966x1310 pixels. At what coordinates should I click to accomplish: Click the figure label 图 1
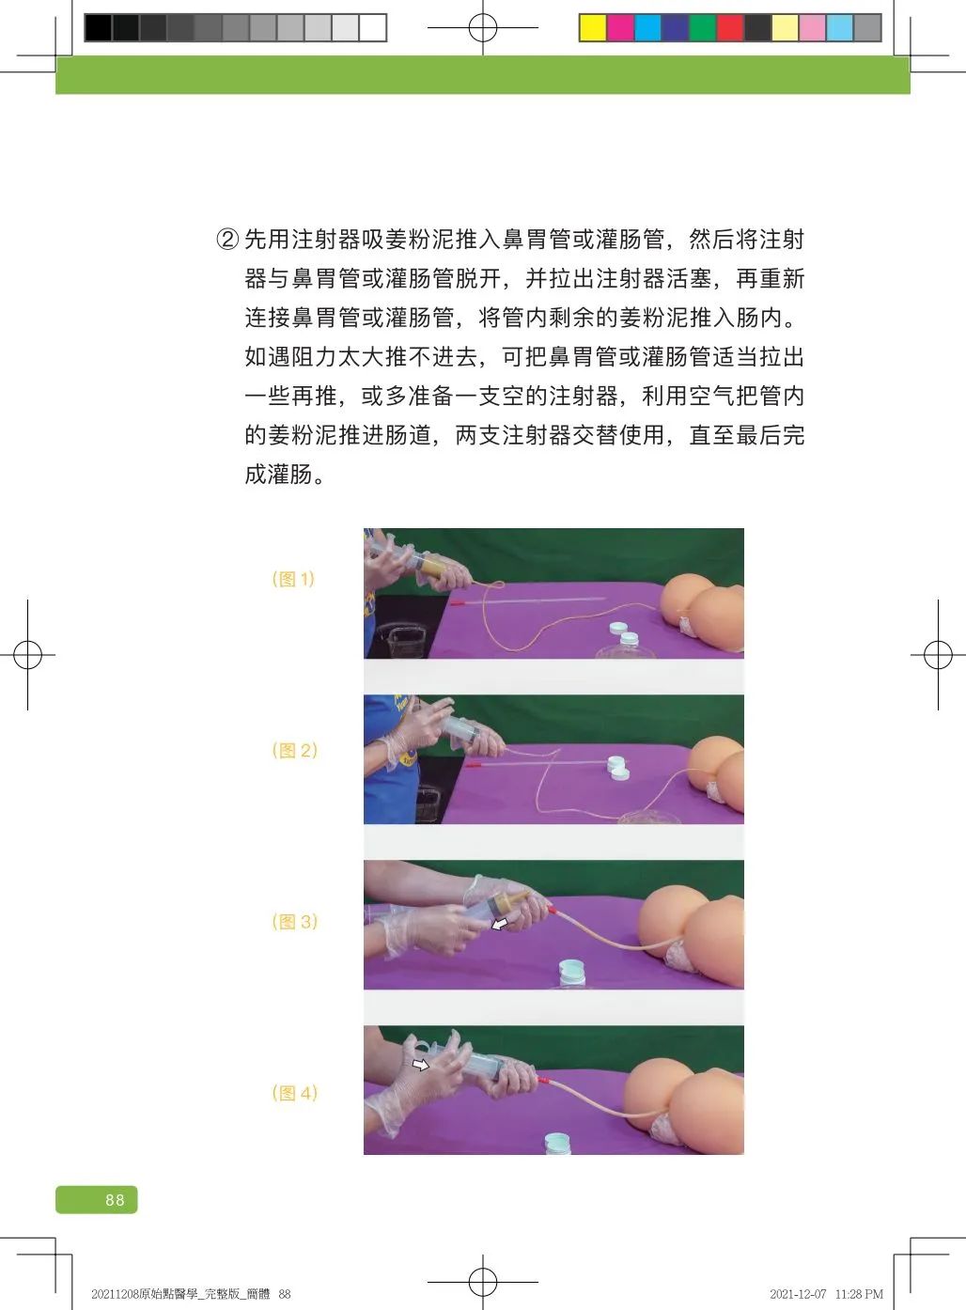coord(293,579)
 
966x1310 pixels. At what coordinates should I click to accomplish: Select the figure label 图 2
coord(295,750)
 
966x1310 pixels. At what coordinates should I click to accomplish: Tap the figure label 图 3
coord(295,922)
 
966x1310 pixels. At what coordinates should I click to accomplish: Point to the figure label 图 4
coord(295,1093)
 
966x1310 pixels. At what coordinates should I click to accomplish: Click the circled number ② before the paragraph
coord(227,240)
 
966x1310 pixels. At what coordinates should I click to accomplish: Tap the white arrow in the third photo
coord(499,924)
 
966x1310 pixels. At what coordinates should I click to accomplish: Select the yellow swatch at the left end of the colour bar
coord(593,27)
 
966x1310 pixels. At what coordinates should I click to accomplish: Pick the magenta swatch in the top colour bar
coord(620,27)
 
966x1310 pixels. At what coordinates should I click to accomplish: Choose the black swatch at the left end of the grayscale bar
coord(98,27)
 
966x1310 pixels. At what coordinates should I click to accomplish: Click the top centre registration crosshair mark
coord(483,27)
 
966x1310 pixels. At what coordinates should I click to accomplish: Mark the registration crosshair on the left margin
coord(27,654)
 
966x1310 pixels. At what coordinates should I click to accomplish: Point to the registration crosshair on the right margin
coord(938,654)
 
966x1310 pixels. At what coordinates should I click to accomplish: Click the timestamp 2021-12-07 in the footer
coord(798,1294)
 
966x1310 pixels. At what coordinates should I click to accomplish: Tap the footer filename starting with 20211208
coord(191,1294)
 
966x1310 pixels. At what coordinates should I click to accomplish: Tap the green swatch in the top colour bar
coord(702,27)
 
